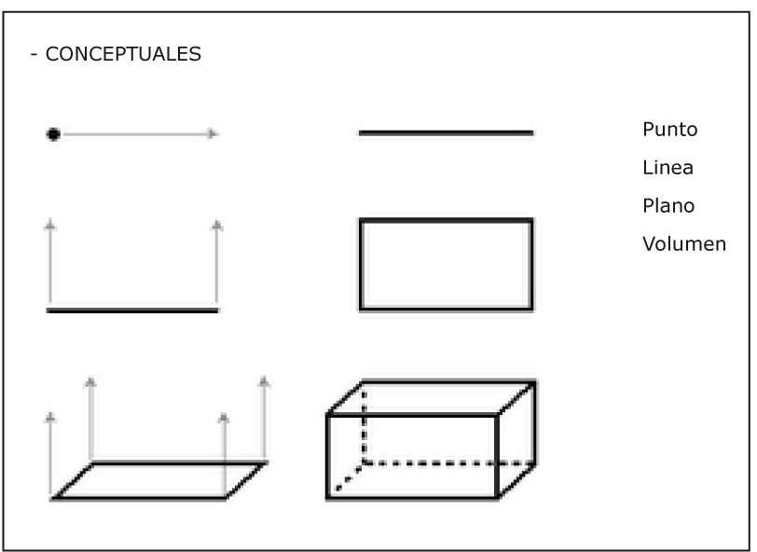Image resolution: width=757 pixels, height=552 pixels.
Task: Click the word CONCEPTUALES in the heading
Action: click(x=123, y=55)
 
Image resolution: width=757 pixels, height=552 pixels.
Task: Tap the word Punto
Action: click(x=669, y=130)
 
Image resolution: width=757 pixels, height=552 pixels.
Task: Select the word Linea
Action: click(x=668, y=169)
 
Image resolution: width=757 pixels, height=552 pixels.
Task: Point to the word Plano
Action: click(x=668, y=206)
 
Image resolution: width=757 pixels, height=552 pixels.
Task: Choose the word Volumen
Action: click(x=683, y=245)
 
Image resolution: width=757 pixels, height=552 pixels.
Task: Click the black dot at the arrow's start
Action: click(x=53, y=134)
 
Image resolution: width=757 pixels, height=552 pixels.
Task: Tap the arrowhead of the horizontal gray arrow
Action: click(x=213, y=134)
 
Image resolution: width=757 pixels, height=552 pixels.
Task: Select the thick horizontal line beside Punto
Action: click(x=446, y=133)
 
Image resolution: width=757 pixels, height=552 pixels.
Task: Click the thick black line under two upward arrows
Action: click(x=132, y=310)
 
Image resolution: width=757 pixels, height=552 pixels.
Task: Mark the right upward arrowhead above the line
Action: click(x=217, y=224)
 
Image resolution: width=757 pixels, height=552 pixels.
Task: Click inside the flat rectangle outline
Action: click(x=446, y=264)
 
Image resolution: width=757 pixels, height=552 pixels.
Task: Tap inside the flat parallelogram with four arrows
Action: click(x=158, y=479)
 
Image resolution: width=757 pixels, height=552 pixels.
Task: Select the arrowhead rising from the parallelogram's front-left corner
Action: click(x=50, y=417)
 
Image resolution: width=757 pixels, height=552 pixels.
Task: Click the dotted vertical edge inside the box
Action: click(x=364, y=424)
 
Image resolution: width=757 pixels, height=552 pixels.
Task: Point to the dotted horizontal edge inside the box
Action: click(x=447, y=462)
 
